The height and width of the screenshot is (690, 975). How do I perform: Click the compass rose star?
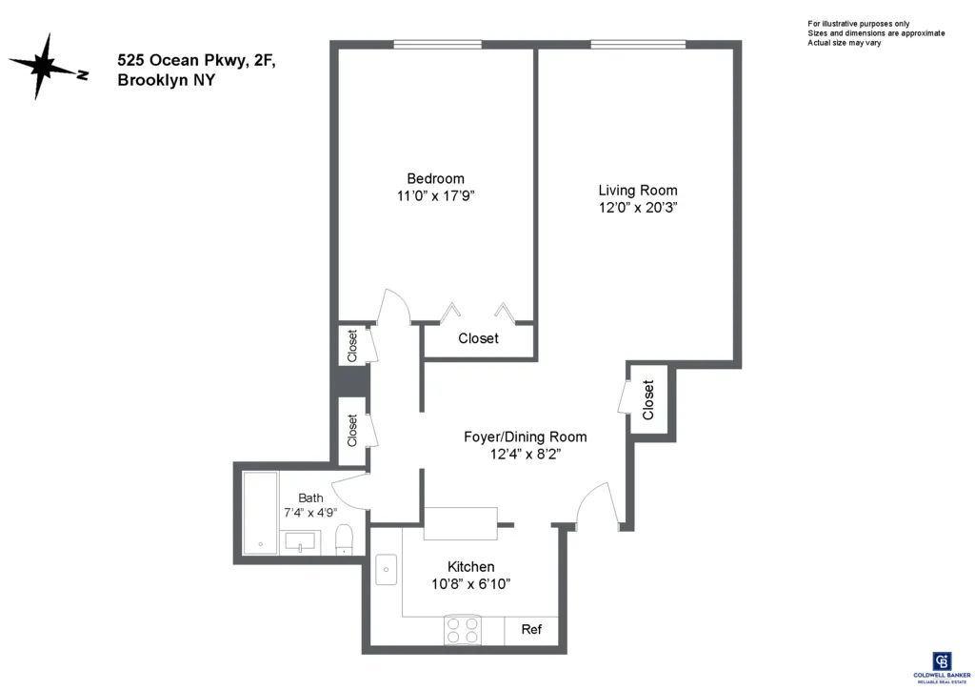pos(44,67)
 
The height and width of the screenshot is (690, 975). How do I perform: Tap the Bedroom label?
pos(435,178)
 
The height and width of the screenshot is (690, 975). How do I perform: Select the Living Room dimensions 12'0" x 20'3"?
pos(637,207)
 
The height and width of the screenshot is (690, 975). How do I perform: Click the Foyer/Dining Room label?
pos(525,436)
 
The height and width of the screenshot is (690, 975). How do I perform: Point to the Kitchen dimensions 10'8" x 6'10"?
pos(472,584)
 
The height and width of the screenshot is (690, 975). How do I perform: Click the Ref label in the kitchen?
pos(531,630)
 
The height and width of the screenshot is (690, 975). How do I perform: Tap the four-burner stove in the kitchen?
pos(463,631)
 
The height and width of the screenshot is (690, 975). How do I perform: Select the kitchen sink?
pos(388,569)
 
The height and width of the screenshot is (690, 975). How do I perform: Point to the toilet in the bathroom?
pos(346,541)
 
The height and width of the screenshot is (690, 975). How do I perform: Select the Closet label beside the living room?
pos(649,400)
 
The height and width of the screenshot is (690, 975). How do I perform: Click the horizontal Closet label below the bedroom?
pos(478,338)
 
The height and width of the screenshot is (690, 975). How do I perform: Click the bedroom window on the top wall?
pos(437,44)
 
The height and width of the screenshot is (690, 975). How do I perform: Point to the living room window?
pos(637,44)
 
